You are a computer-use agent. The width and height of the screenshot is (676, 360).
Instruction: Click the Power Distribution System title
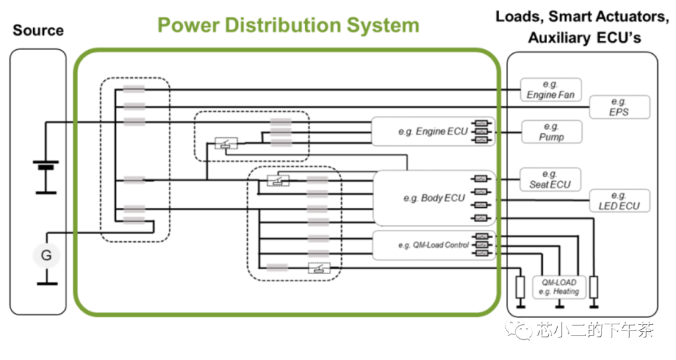(x=288, y=25)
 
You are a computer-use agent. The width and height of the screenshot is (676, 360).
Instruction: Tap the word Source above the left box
(x=38, y=30)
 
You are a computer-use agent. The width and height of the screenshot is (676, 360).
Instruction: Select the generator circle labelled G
(x=46, y=255)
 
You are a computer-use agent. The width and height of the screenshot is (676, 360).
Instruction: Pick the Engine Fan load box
(x=550, y=90)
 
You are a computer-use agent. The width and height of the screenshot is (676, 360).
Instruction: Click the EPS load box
(x=618, y=107)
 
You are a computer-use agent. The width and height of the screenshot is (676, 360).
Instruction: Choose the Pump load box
(x=551, y=131)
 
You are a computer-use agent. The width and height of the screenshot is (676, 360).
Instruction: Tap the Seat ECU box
(x=550, y=179)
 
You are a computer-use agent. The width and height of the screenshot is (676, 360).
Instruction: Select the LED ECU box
(x=618, y=201)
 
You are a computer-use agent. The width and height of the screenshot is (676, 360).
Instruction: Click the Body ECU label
(x=434, y=198)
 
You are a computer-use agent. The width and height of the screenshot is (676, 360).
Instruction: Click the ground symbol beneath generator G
(x=46, y=283)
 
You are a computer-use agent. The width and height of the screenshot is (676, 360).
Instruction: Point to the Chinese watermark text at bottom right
(x=585, y=331)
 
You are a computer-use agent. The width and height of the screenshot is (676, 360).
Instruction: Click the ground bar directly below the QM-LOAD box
(x=559, y=306)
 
